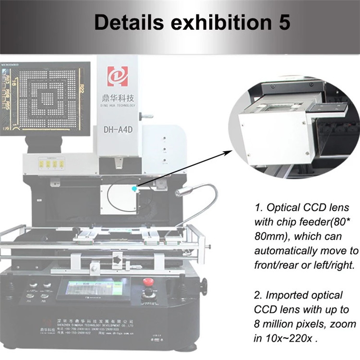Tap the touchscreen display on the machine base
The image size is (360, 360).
(x=91, y=291)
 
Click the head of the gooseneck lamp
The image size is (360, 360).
(x=180, y=193)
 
